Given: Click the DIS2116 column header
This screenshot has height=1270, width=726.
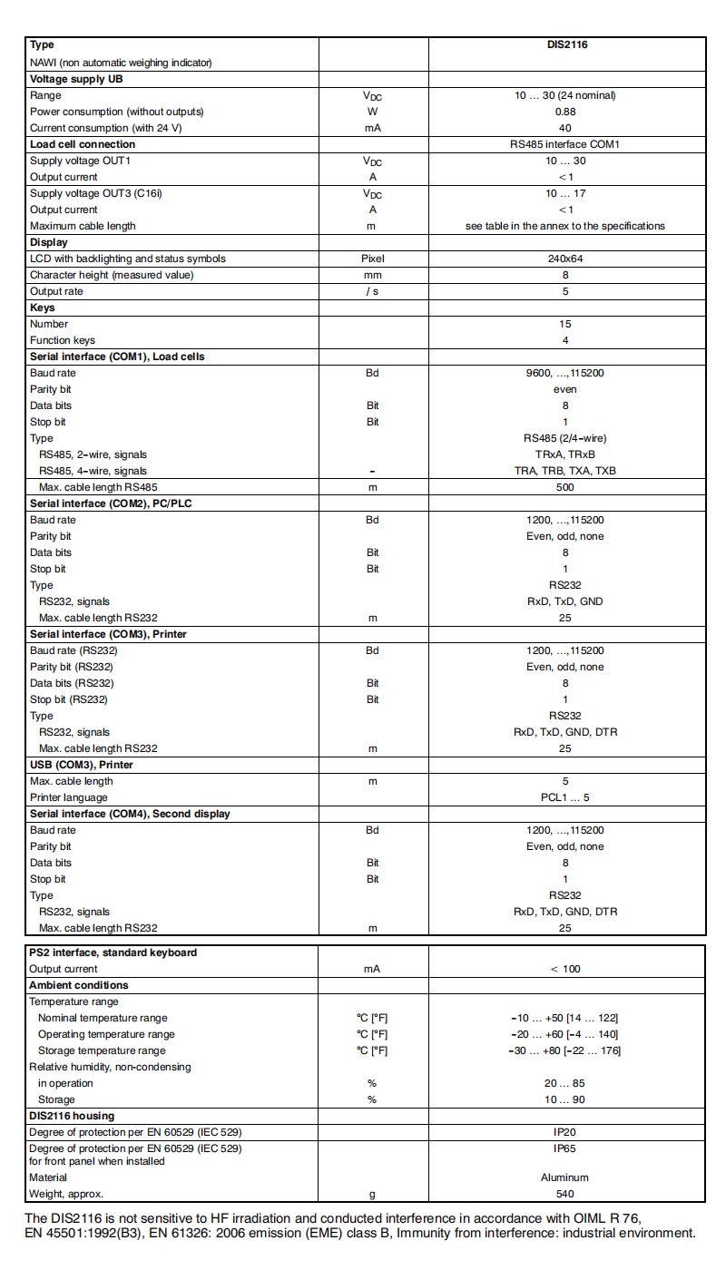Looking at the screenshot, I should (564, 44).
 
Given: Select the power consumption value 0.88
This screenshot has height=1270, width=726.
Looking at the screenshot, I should (564, 112).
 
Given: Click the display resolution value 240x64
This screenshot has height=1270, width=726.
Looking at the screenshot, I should (564, 259).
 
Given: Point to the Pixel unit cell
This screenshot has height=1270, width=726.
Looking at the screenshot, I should (372, 259).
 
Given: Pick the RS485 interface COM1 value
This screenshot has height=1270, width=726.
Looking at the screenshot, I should (564, 144).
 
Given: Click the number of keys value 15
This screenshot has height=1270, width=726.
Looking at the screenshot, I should (564, 324).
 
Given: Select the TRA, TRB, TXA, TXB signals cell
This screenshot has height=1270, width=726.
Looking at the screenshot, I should (564, 471).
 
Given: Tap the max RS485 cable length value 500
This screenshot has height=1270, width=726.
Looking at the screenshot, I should (564, 487).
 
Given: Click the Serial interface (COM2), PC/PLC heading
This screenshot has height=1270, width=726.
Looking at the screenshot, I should (111, 503).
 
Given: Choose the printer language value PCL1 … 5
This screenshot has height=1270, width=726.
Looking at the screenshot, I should (564, 797).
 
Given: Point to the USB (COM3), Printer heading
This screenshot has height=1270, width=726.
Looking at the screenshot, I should (82, 765).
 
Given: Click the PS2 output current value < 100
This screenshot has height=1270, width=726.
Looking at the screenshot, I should (564, 969).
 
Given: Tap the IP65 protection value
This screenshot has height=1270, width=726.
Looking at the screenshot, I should (564, 1148).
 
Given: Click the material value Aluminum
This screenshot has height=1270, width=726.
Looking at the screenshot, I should (564, 1177).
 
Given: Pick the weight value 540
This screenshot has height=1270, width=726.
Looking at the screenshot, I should (564, 1194).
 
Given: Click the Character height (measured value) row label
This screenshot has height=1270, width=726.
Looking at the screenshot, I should (112, 275).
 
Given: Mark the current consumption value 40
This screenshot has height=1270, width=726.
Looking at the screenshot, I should (564, 128).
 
